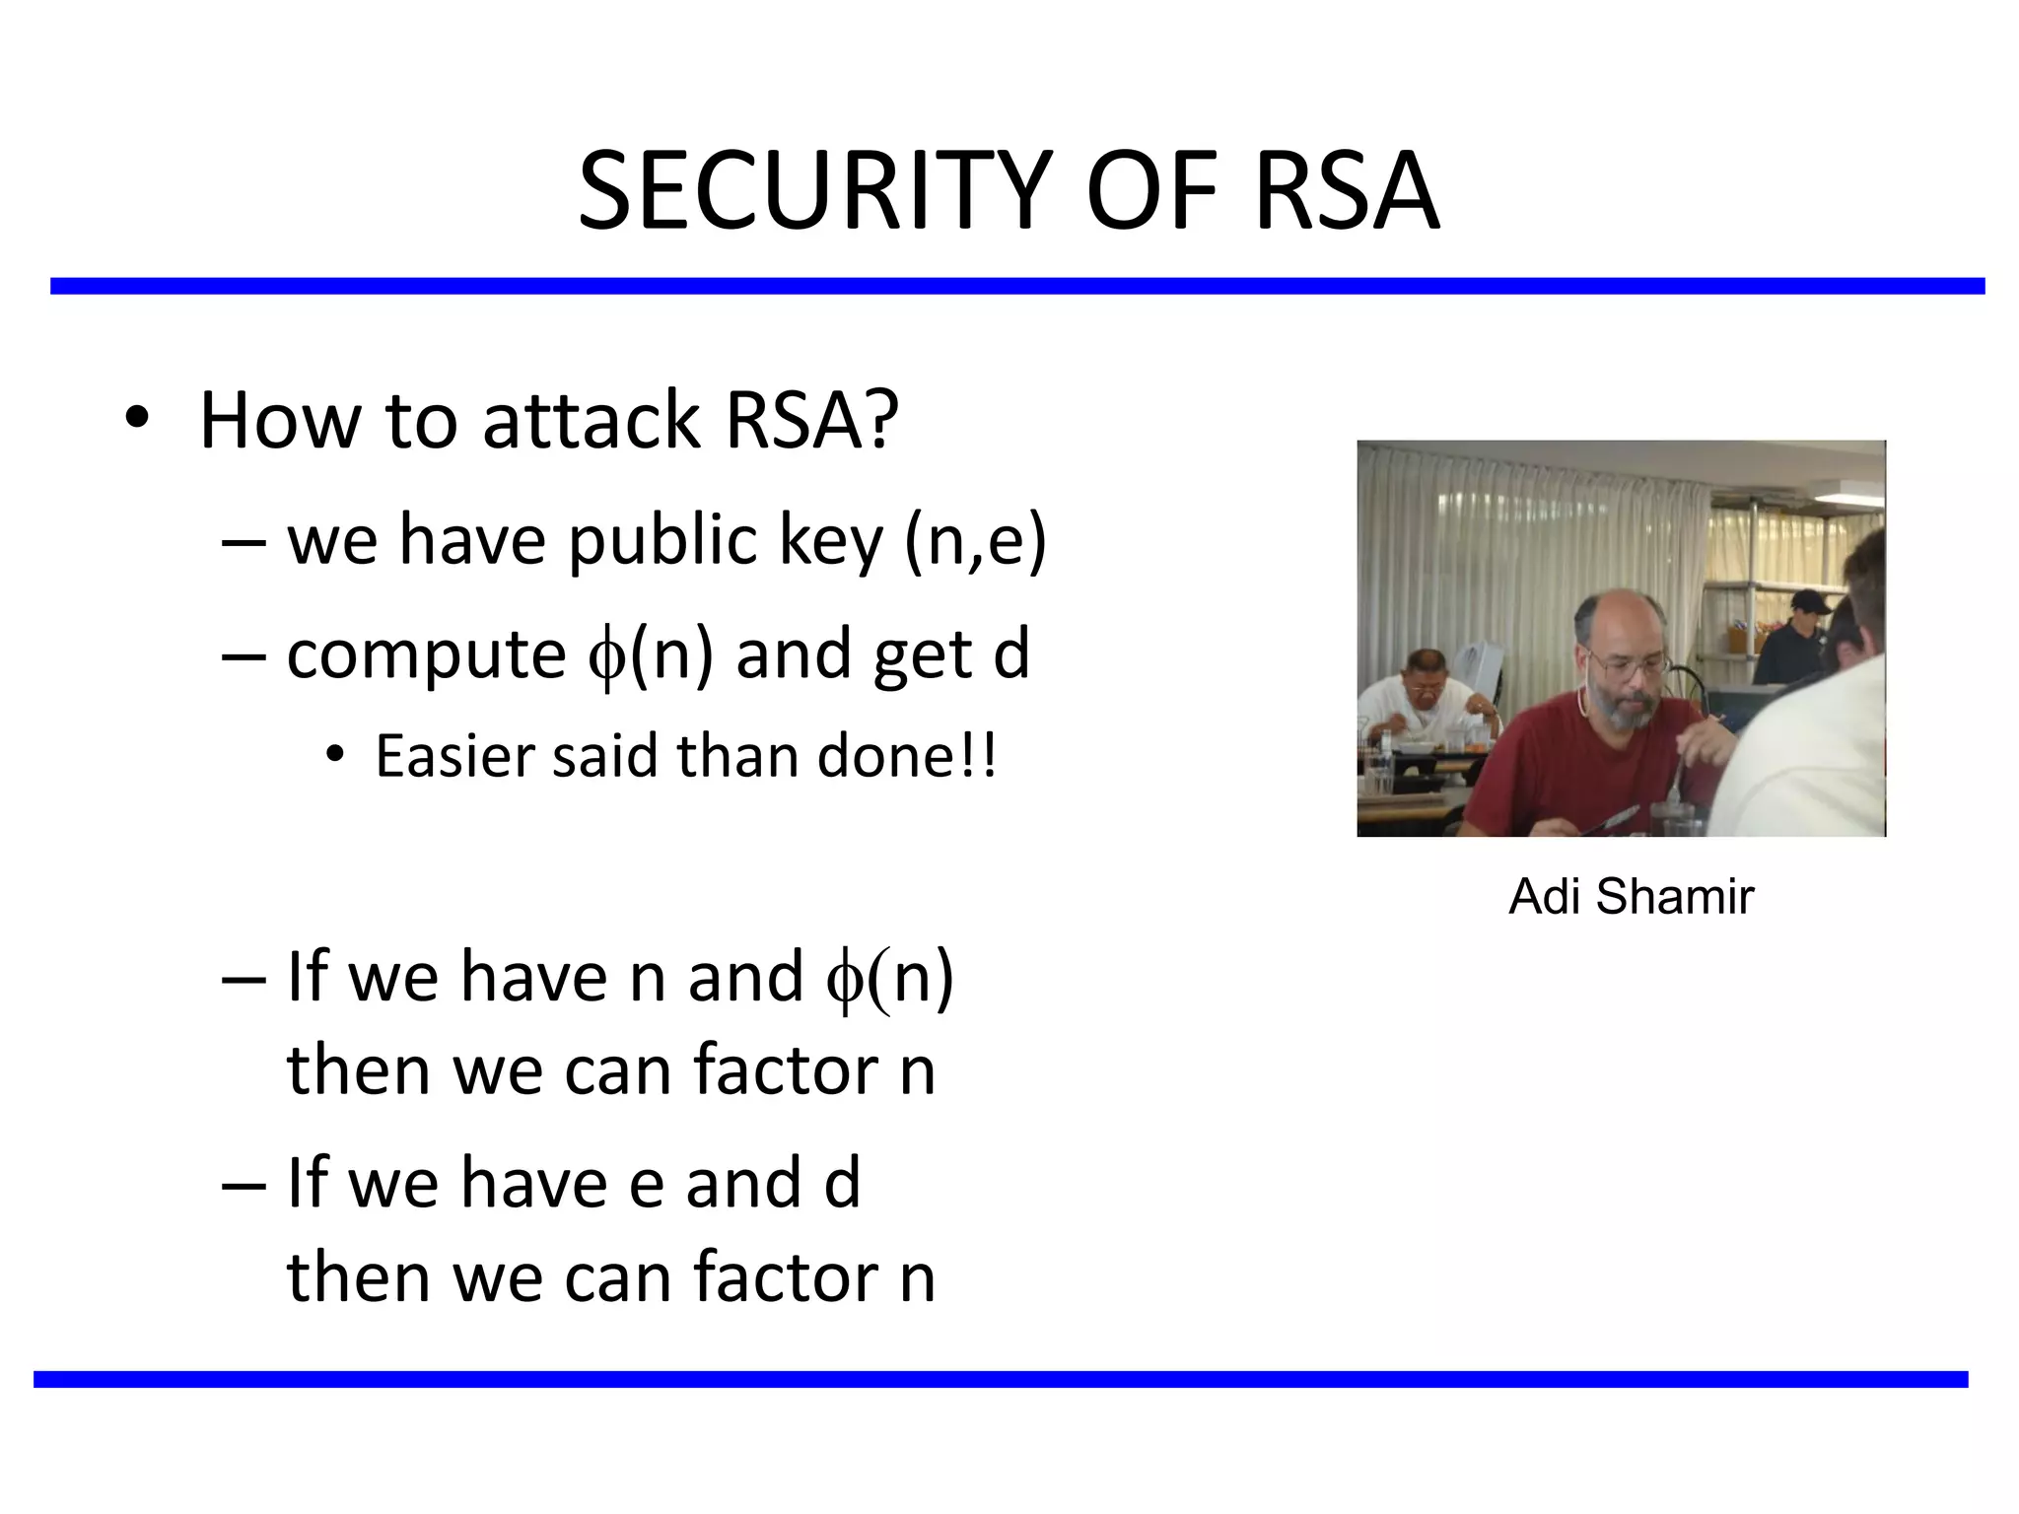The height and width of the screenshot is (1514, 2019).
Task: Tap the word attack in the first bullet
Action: pos(592,421)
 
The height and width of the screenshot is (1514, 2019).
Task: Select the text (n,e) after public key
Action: pos(975,541)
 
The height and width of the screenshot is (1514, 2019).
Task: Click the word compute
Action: pos(426,655)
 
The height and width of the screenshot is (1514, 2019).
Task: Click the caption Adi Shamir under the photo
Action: pos(1631,897)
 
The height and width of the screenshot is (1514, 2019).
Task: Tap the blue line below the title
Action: pos(1015,286)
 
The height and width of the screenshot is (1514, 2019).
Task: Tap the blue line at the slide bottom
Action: pos(1000,1379)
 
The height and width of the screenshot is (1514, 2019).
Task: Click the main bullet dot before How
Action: pos(137,419)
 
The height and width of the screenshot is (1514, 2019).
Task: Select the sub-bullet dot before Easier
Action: pos(335,756)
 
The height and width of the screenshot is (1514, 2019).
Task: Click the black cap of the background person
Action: pos(1806,600)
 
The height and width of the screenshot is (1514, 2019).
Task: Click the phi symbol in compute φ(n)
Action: pos(606,658)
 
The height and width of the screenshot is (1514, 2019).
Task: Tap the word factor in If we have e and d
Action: pos(785,1276)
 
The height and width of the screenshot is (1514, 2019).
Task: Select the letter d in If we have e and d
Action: pos(841,1183)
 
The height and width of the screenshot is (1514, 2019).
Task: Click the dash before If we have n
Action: pos(244,978)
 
